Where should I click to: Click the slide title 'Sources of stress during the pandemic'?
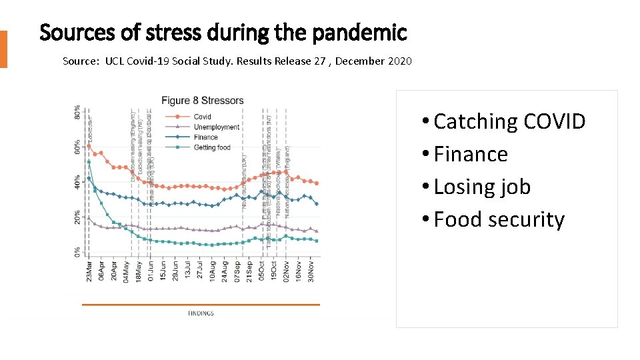(223, 31)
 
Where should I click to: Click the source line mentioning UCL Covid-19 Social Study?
(237, 61)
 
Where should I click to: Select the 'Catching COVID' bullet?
(509, 121)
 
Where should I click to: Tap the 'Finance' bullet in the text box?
(471, 154)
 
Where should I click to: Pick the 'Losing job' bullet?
(482, 187)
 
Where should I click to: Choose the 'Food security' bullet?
(499, 219)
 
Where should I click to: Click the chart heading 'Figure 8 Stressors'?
(203, 101)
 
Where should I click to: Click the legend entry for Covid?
(202, 117)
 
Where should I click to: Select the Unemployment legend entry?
(216, 127)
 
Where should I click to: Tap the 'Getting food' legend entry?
(213, 147)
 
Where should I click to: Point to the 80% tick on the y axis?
(78, 113)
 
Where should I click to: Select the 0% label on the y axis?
(78, 252)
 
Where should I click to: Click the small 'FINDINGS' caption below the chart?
(201, 312)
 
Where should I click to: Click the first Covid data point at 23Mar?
(89, 146)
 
